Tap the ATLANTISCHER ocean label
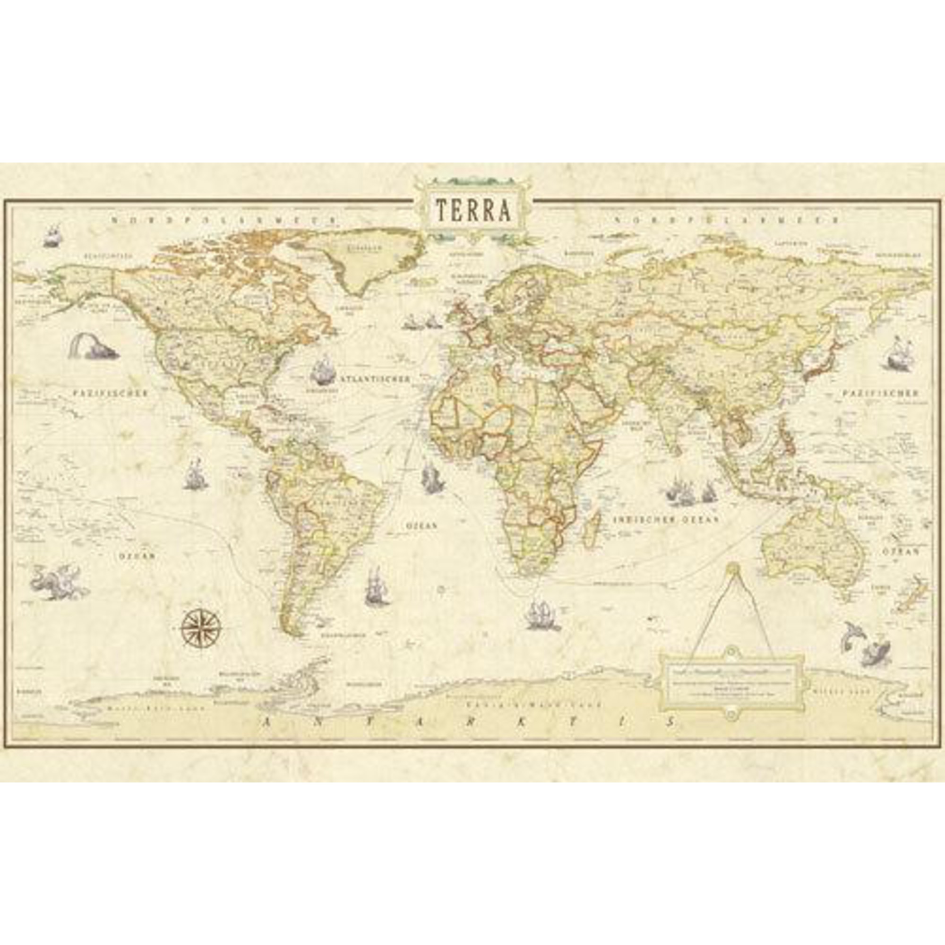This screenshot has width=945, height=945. tap(375, 379)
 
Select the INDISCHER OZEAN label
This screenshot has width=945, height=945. tap(666, 520)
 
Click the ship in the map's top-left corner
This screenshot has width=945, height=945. tap(53, 236)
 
